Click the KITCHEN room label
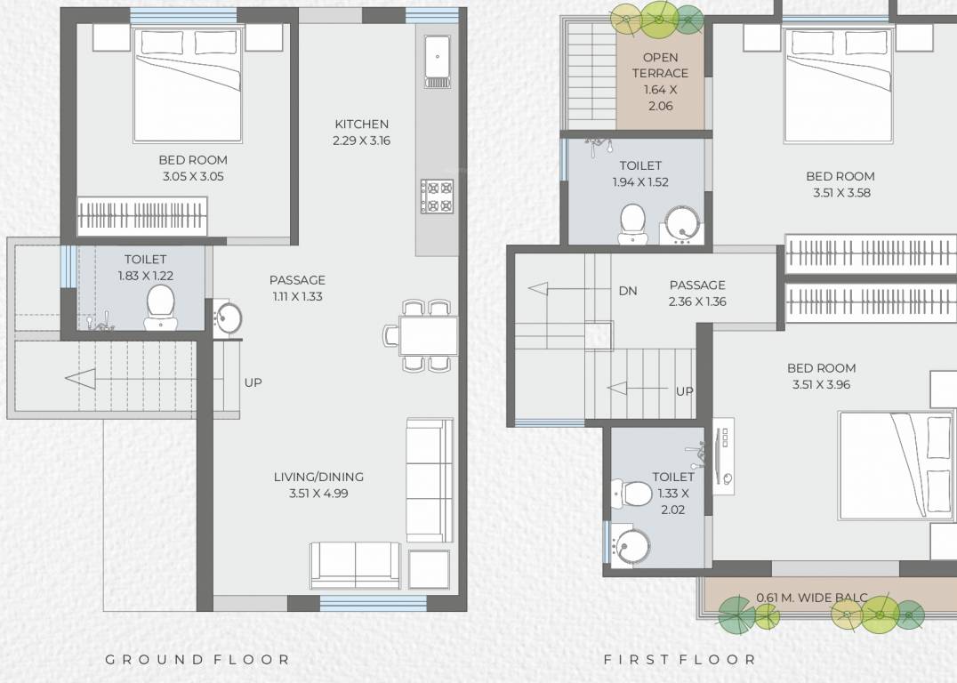(x=361, y=124)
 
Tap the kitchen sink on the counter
(x=437, y=60)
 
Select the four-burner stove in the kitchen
(x=437, y=197)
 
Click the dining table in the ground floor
(x=428, y=335)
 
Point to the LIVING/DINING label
(x=318, y=477)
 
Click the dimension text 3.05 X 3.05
(x=193, y=177)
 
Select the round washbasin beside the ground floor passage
(x=228, y=317)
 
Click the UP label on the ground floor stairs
(x=253, y=382)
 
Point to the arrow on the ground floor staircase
(x=80, y=380)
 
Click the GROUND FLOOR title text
(x=197, y=660)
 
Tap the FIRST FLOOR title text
(x=680, y=660)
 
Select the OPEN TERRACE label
(x=660, y=66)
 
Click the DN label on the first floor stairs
(x=628, y=291)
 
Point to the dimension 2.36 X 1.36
(x=697, y=301)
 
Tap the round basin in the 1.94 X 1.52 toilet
(x=682, y=223)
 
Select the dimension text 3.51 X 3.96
(x=822, y=385)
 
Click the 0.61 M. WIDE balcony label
(x=811, y=598)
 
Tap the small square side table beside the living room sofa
(x=429, y=568)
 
